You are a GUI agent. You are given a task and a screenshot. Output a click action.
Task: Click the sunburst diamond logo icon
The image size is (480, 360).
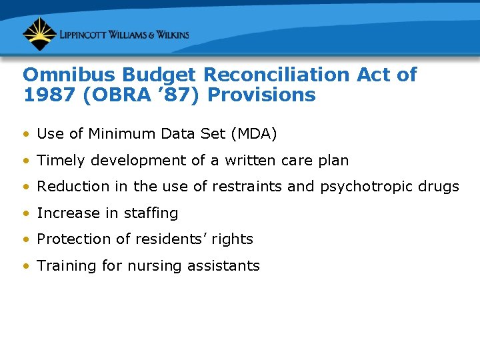(39, 34)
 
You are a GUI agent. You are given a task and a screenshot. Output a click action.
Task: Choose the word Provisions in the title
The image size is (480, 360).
(262, 95)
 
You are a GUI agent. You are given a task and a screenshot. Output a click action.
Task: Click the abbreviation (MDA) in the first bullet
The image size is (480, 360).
(253, 134)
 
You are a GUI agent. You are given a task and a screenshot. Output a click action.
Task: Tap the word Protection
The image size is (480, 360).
(71, 239)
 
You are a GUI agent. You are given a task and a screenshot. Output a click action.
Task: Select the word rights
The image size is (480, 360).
(233, 239)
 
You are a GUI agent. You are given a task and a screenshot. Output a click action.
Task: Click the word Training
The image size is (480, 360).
(64, 266)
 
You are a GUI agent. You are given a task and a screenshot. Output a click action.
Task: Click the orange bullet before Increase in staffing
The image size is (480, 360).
(25, 213)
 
